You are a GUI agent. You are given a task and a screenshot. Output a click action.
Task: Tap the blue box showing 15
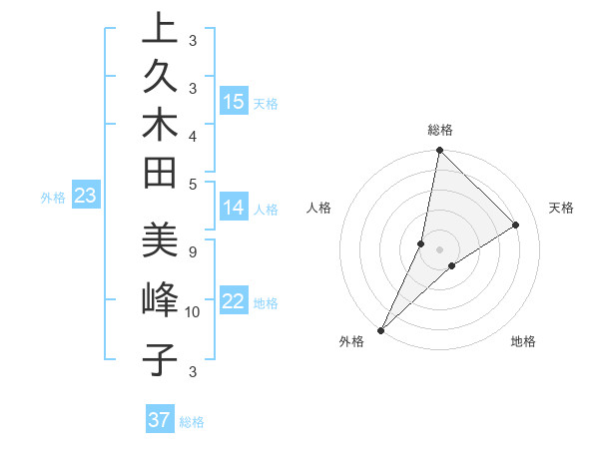coord(234,102)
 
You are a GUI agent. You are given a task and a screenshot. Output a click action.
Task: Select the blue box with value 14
coord(234,208)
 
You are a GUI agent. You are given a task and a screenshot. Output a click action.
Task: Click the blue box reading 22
coord(234,302)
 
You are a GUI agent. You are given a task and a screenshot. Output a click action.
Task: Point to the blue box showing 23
coord(86,197)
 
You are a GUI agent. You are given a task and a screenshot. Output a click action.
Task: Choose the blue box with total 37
coord(159,420)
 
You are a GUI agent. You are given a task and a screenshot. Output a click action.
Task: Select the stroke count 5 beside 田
coord(193,184)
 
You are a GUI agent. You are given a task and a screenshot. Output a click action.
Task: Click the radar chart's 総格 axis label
coord(440,130)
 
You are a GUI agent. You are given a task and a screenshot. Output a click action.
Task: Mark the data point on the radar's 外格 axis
coord(381,329)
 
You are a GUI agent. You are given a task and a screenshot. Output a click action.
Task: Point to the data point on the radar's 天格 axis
coord(516,226)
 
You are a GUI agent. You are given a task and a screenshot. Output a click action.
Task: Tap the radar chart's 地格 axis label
coord(523,341)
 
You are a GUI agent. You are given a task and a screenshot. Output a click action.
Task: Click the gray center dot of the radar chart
coord(439,249)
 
